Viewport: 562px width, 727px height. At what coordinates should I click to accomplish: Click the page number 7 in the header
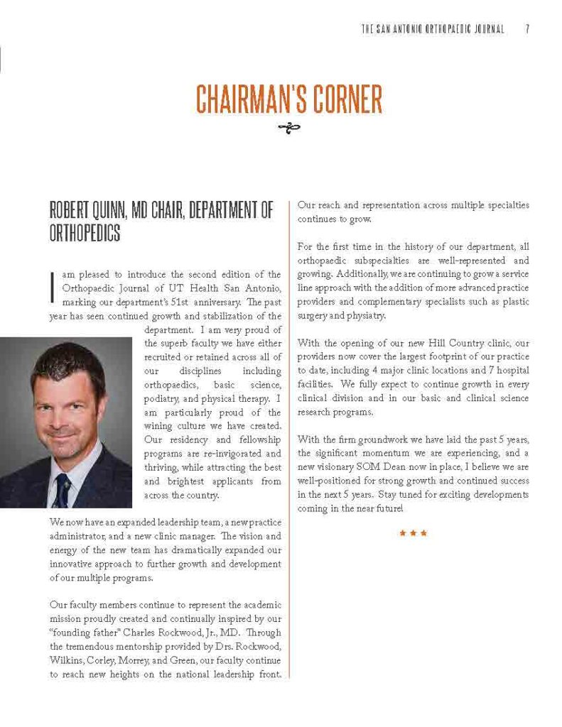coord(528,29)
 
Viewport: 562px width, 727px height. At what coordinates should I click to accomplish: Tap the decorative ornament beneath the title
coord(289,129)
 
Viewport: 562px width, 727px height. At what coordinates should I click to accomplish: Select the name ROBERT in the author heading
coord(70,211)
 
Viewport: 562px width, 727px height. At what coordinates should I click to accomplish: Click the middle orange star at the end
coord(414,532)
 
